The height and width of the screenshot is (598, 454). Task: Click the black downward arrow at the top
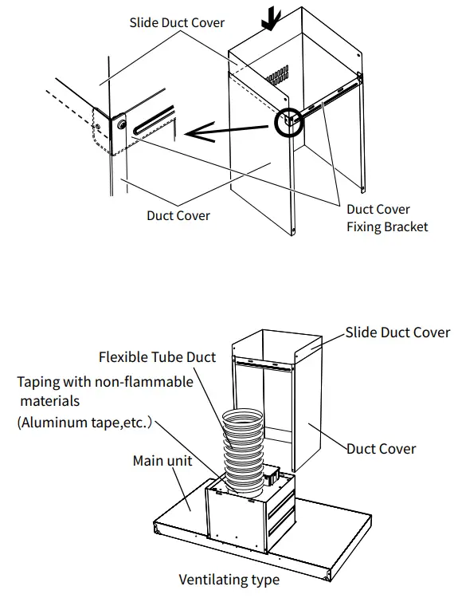[272, 22]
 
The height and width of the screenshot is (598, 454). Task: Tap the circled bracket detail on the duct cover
[288, 122]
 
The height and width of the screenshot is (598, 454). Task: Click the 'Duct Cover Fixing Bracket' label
[387, 218]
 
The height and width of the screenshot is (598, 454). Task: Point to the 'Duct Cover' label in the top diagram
[178, 215]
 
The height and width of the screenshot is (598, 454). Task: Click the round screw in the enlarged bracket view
[121, 124]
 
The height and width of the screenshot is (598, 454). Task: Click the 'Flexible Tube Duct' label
[157, 357]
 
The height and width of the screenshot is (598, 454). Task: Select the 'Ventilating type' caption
[229, 580]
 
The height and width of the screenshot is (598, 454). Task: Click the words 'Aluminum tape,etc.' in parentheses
[84, 423]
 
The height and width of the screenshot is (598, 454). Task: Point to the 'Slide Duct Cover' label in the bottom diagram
[397, 332]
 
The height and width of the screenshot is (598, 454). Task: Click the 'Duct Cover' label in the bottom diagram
[381, 449]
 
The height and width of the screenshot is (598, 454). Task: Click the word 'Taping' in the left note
[38, 382]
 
